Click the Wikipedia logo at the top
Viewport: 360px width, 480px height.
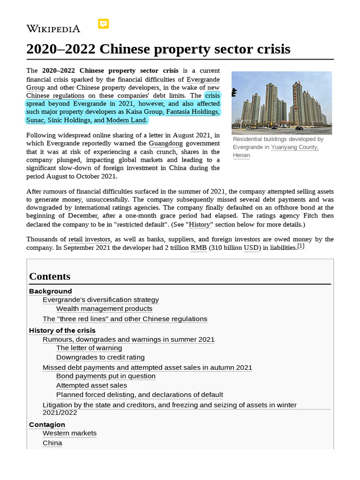[53, 29]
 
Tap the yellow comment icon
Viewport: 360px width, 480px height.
[104, 24]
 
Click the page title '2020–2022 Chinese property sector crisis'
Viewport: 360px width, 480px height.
[158, 49]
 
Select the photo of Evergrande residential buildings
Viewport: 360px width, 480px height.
[281, 103]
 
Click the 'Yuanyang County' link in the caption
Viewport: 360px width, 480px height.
[294, 147]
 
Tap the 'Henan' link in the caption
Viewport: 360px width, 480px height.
[241, 155]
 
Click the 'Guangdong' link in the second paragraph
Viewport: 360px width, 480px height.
[165, 143]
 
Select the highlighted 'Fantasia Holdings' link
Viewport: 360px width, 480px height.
[192, 112]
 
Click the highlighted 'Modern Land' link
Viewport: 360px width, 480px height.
[127, 120]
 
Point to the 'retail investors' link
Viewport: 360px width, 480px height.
[89, 239]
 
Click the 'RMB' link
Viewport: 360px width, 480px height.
[198, 247]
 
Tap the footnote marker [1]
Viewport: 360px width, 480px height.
[300, 246]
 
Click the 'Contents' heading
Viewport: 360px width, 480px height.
[50, 276]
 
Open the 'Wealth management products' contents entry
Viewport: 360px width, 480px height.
[104, 308]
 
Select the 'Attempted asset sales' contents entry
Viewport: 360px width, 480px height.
[91, 385]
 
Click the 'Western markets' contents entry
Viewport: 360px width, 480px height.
[69, 433]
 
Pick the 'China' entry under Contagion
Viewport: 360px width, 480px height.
[52, 443]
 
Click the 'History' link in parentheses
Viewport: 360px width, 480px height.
[199, 225]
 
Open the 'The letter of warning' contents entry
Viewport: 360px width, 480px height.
[89, 348]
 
